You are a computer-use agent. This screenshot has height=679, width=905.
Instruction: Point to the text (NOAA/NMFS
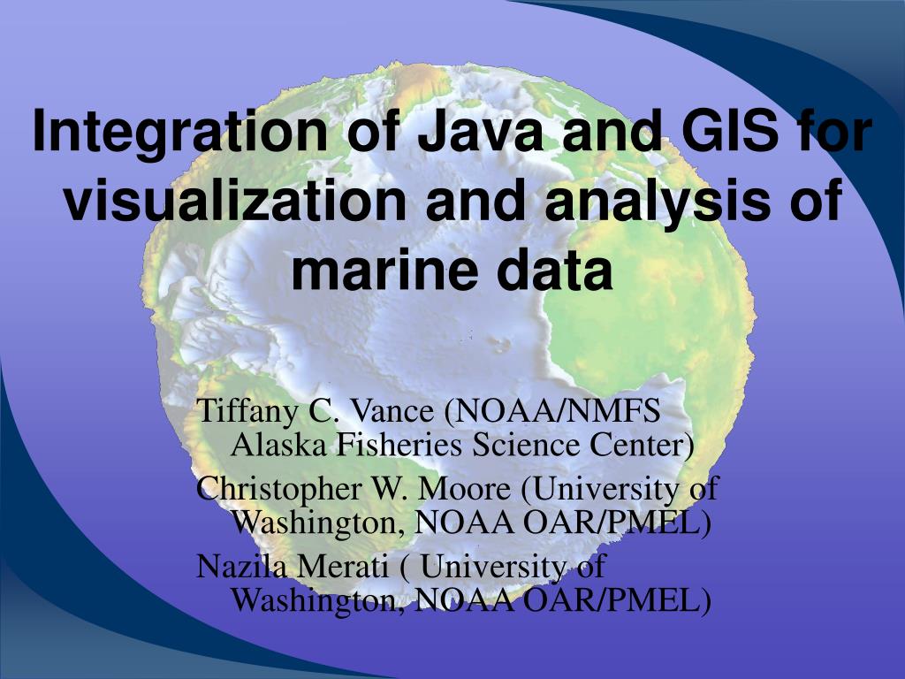[x=551, y=411]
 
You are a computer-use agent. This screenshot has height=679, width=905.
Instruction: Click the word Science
[x=525, y=446]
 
